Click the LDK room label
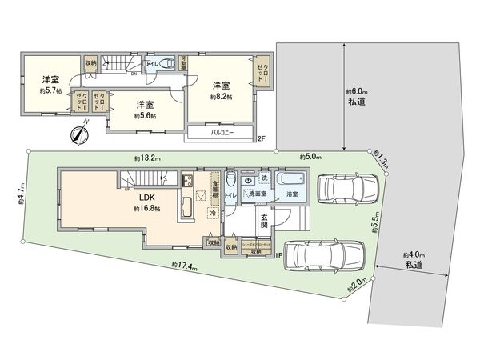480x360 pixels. (x=147, y=197)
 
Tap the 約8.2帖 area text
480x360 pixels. (x=222, y=97)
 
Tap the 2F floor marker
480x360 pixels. (x=261, y=138)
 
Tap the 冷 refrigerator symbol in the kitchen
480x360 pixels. (x=213, y=214)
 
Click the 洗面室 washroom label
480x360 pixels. (x=257, y=194)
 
